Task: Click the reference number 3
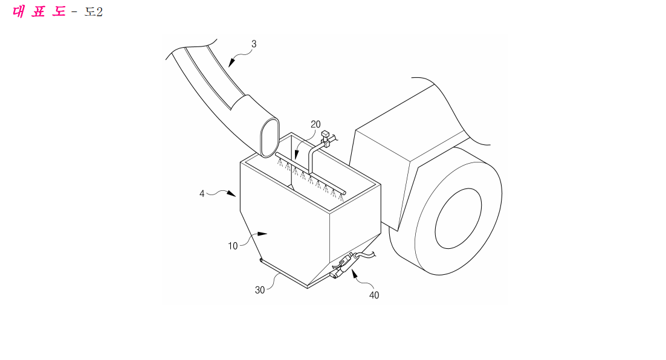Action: click(254, 43)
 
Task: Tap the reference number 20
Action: click(315, 124)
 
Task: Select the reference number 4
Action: click(202, 193)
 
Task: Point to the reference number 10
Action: click(233, 246)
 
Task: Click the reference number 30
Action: click(260, 290)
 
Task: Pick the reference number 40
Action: click(374, 295)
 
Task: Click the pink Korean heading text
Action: click(39, 11)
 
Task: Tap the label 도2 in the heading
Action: click(94, 12)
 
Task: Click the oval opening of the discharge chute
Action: click(269, 138)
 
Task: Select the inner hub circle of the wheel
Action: click(458, 218)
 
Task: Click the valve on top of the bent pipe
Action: click(326, 138)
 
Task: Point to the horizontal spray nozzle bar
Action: click(311, 175)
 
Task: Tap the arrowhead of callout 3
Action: click(231, 63)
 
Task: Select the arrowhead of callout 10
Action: click(262, 234)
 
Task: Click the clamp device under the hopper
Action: click(343, 266)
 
